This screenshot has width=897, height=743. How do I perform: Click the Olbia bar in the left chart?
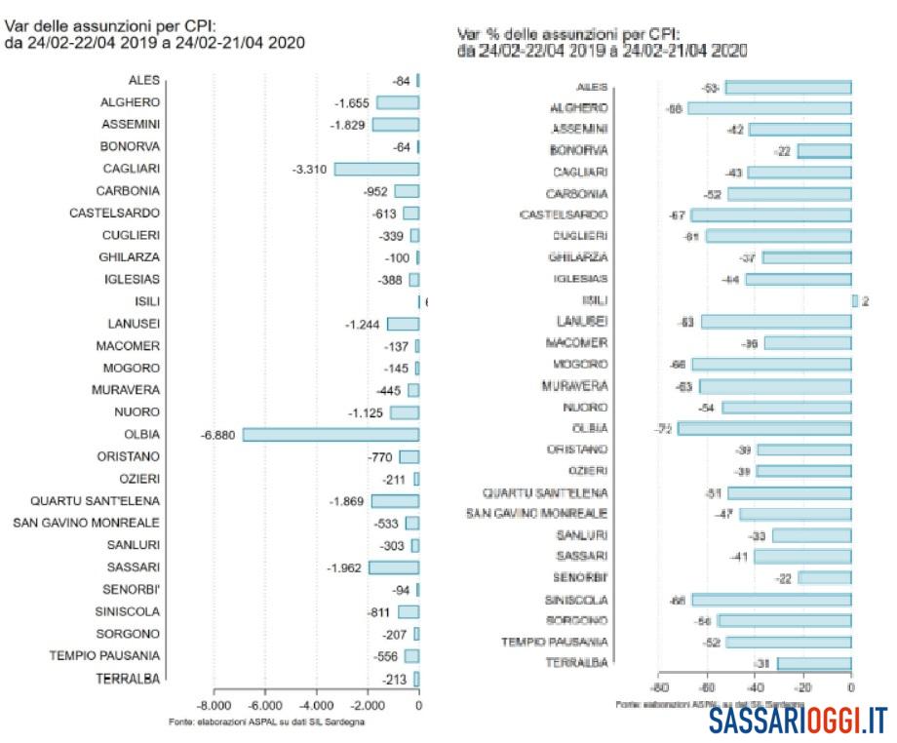[x=331, y=435]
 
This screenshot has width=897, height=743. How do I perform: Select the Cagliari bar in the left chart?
[x=376, y=169]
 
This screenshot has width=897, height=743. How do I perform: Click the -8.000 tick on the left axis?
[x=214, y=705]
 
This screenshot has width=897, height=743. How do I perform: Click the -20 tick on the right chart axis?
[x=803, y=688]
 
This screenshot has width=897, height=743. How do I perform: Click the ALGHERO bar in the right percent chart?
[x=769, y=108]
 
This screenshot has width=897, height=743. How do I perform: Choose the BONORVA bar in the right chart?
[x=824, y=151]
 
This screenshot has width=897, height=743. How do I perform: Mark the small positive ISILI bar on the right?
[x=855, y=300]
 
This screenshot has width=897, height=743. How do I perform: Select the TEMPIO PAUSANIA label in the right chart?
[x=555, y=642]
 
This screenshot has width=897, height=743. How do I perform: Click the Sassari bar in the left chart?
[x=393, y=567]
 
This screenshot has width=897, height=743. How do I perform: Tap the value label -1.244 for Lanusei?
[x=363, y=324]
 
